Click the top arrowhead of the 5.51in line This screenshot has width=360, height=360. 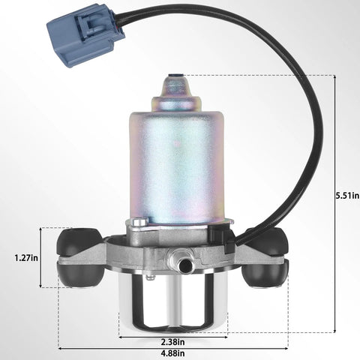pos(334,77)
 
